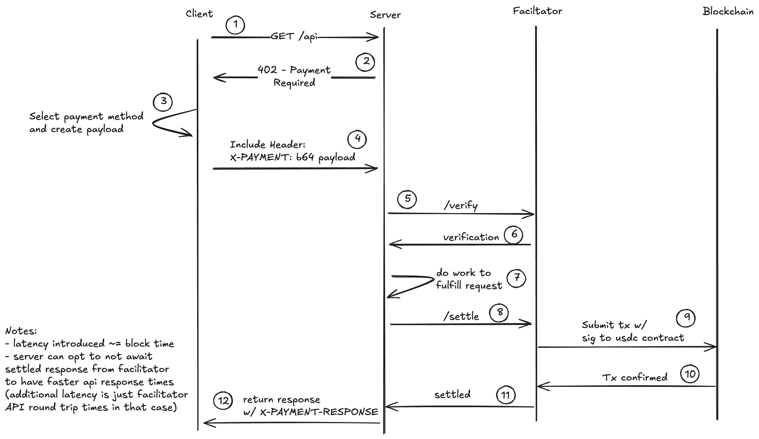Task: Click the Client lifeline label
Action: tap(199, 13)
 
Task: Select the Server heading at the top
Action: tap(385, 15)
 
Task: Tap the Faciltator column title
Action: tap(537, 11)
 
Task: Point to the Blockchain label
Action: tap(728, 11)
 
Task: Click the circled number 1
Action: tap(235, 25)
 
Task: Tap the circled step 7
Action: tap(516, 278)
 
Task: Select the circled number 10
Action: tap(690, 374)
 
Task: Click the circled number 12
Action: tap(223, 401)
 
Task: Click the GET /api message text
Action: tap(294, 37)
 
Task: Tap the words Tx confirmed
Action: tap(635, 377)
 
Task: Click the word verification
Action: tap(471, 237)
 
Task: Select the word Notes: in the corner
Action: tap(21, 331)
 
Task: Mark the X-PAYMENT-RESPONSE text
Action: tap(319, 412)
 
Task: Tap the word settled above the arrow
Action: tap(453, 394)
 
